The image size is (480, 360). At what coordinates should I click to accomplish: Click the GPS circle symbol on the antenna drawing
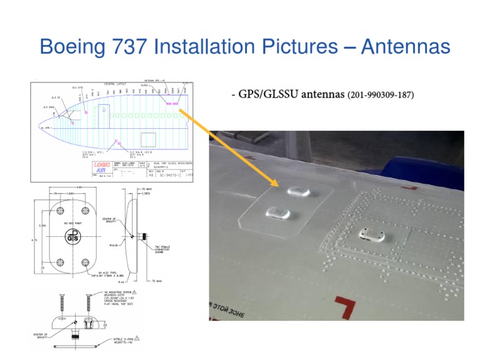pyautogui.click(x=73, y=236)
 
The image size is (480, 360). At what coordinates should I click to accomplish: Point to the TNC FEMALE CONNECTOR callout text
pyautogui.click(x=164, y=249)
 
